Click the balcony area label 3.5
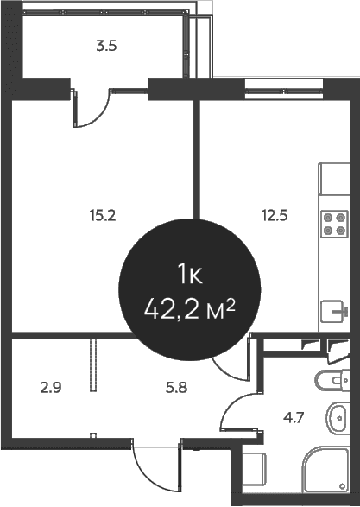coord(106,46)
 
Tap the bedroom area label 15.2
coord(103,215)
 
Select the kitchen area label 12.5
coord(275,215)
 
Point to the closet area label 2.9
coord(51,387)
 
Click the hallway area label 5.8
coord(176,387)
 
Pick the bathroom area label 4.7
coord(294,418)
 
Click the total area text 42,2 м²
coord(190,309)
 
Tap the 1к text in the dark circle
coord(190,274)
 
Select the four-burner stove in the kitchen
coord(334,224)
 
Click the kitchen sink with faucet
coord(334,311)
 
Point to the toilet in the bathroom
coord(332,380)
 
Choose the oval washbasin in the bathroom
coord(338,418)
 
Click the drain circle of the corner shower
coord(342,486)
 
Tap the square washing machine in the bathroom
coord(254,470)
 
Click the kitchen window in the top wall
coord(284,92)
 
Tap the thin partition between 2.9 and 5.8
coord(93,365)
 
